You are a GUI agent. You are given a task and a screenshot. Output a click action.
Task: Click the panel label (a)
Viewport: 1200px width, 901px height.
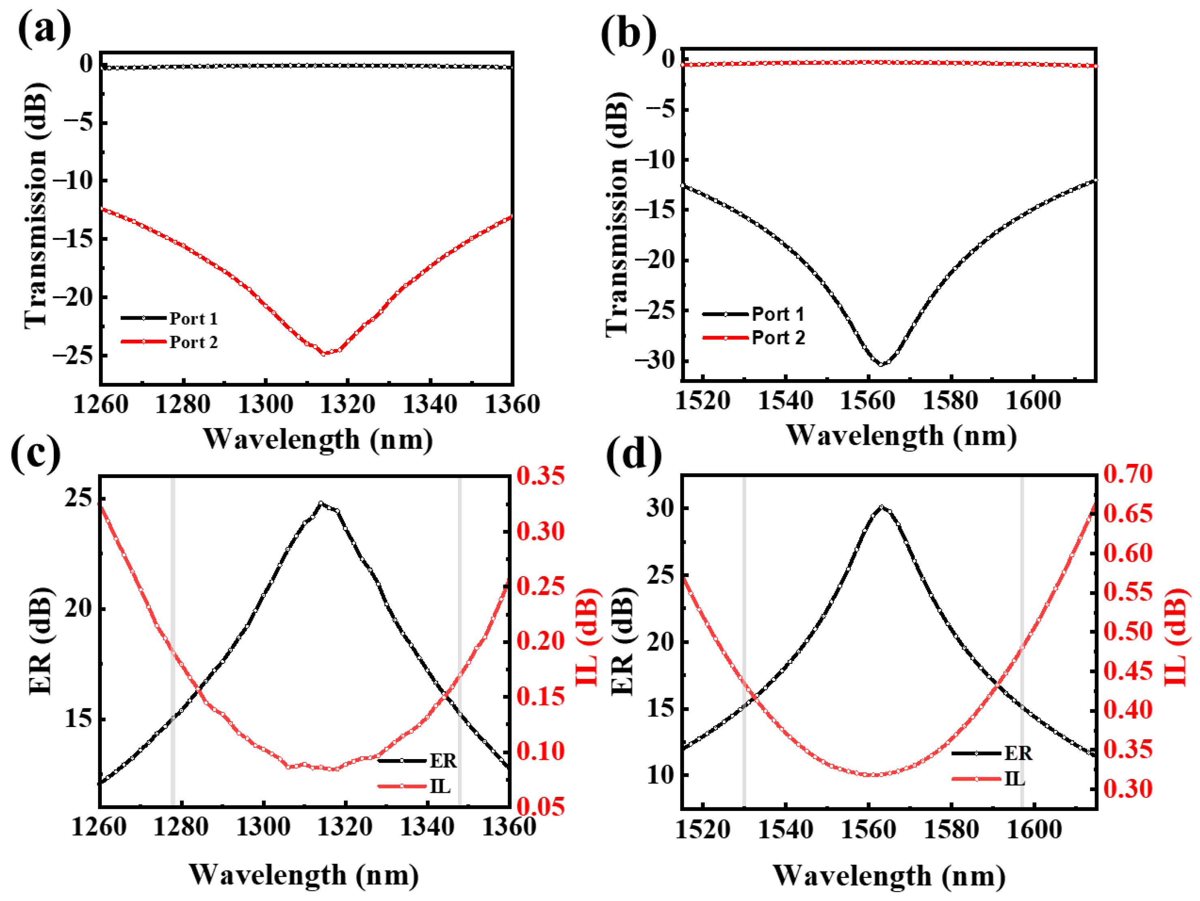tap(45, 30)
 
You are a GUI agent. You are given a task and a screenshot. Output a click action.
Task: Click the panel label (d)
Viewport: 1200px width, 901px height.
tap(633, 454)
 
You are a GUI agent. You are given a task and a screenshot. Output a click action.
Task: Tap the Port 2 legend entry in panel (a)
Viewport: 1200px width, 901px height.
tap(193, 342)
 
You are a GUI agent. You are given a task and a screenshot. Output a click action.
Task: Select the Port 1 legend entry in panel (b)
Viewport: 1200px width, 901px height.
tap(777, 314)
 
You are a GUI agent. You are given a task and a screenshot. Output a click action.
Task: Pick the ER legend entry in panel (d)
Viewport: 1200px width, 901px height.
tap(1018, 753)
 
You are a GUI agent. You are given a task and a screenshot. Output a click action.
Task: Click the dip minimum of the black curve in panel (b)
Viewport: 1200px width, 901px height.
tap(881, 365)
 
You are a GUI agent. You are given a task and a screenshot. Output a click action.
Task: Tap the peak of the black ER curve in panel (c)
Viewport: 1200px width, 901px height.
tap(321, 503)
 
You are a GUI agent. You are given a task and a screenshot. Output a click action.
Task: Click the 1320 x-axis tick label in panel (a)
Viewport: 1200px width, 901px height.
tap(347, 405)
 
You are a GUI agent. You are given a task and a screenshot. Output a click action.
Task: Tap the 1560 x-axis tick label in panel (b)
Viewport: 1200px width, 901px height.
tap(867, 401)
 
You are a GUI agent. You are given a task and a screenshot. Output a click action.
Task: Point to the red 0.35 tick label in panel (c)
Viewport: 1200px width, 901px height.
tap(540, 476)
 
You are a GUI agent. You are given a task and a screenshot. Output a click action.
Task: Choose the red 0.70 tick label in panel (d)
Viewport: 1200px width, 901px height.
tap(1127, 474)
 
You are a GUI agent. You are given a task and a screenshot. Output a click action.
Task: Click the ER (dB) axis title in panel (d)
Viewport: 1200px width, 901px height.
tap(623, 641)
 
